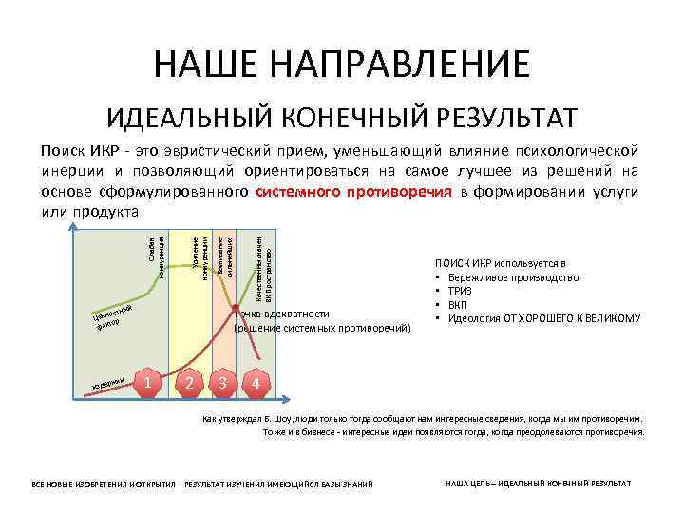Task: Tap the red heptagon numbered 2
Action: (190, 383)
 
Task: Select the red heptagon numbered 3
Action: (222, 383)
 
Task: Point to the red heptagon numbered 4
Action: (255, 384)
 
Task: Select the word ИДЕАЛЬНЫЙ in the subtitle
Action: (189, 119)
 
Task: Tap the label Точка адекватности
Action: (283, 313)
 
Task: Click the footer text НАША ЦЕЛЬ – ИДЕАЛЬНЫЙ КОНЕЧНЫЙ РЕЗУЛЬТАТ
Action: (538, 483)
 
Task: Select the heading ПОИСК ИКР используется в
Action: (501, 263)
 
